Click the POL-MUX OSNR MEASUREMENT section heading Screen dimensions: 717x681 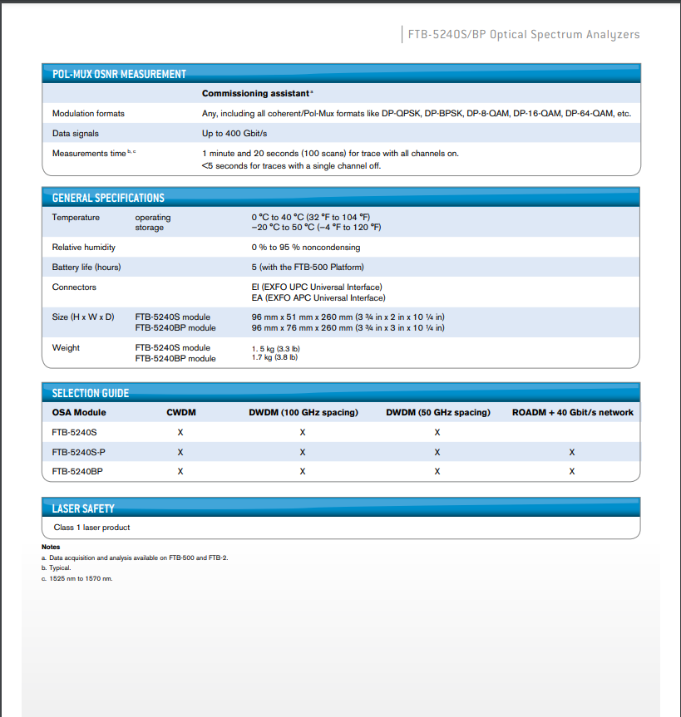tap(119, 74)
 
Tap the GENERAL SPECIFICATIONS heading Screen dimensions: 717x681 tap(108, 198)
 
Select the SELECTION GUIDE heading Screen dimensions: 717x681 tap(91, 393)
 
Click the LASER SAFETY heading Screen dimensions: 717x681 tap(83, 508)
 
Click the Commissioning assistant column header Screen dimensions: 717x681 tap(257, 94)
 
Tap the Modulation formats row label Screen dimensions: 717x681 tap(88, 113)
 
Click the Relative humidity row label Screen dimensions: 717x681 tap(84, 248)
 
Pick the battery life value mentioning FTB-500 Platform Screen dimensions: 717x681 tap(308, 268)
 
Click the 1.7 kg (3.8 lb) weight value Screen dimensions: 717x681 tap(274, 358)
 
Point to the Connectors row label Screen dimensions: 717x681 tap(74, 287)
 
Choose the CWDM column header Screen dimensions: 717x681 tap(180, 412)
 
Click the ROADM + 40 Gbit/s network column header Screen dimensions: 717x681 tap(572, 412)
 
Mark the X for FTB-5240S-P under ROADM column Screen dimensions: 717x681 tap(572, 452)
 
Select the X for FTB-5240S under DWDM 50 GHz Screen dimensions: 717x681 tap(437, 432)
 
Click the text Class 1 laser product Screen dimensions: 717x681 tap(91, 528)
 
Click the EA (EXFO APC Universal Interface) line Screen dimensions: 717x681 tap(318, 297)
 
